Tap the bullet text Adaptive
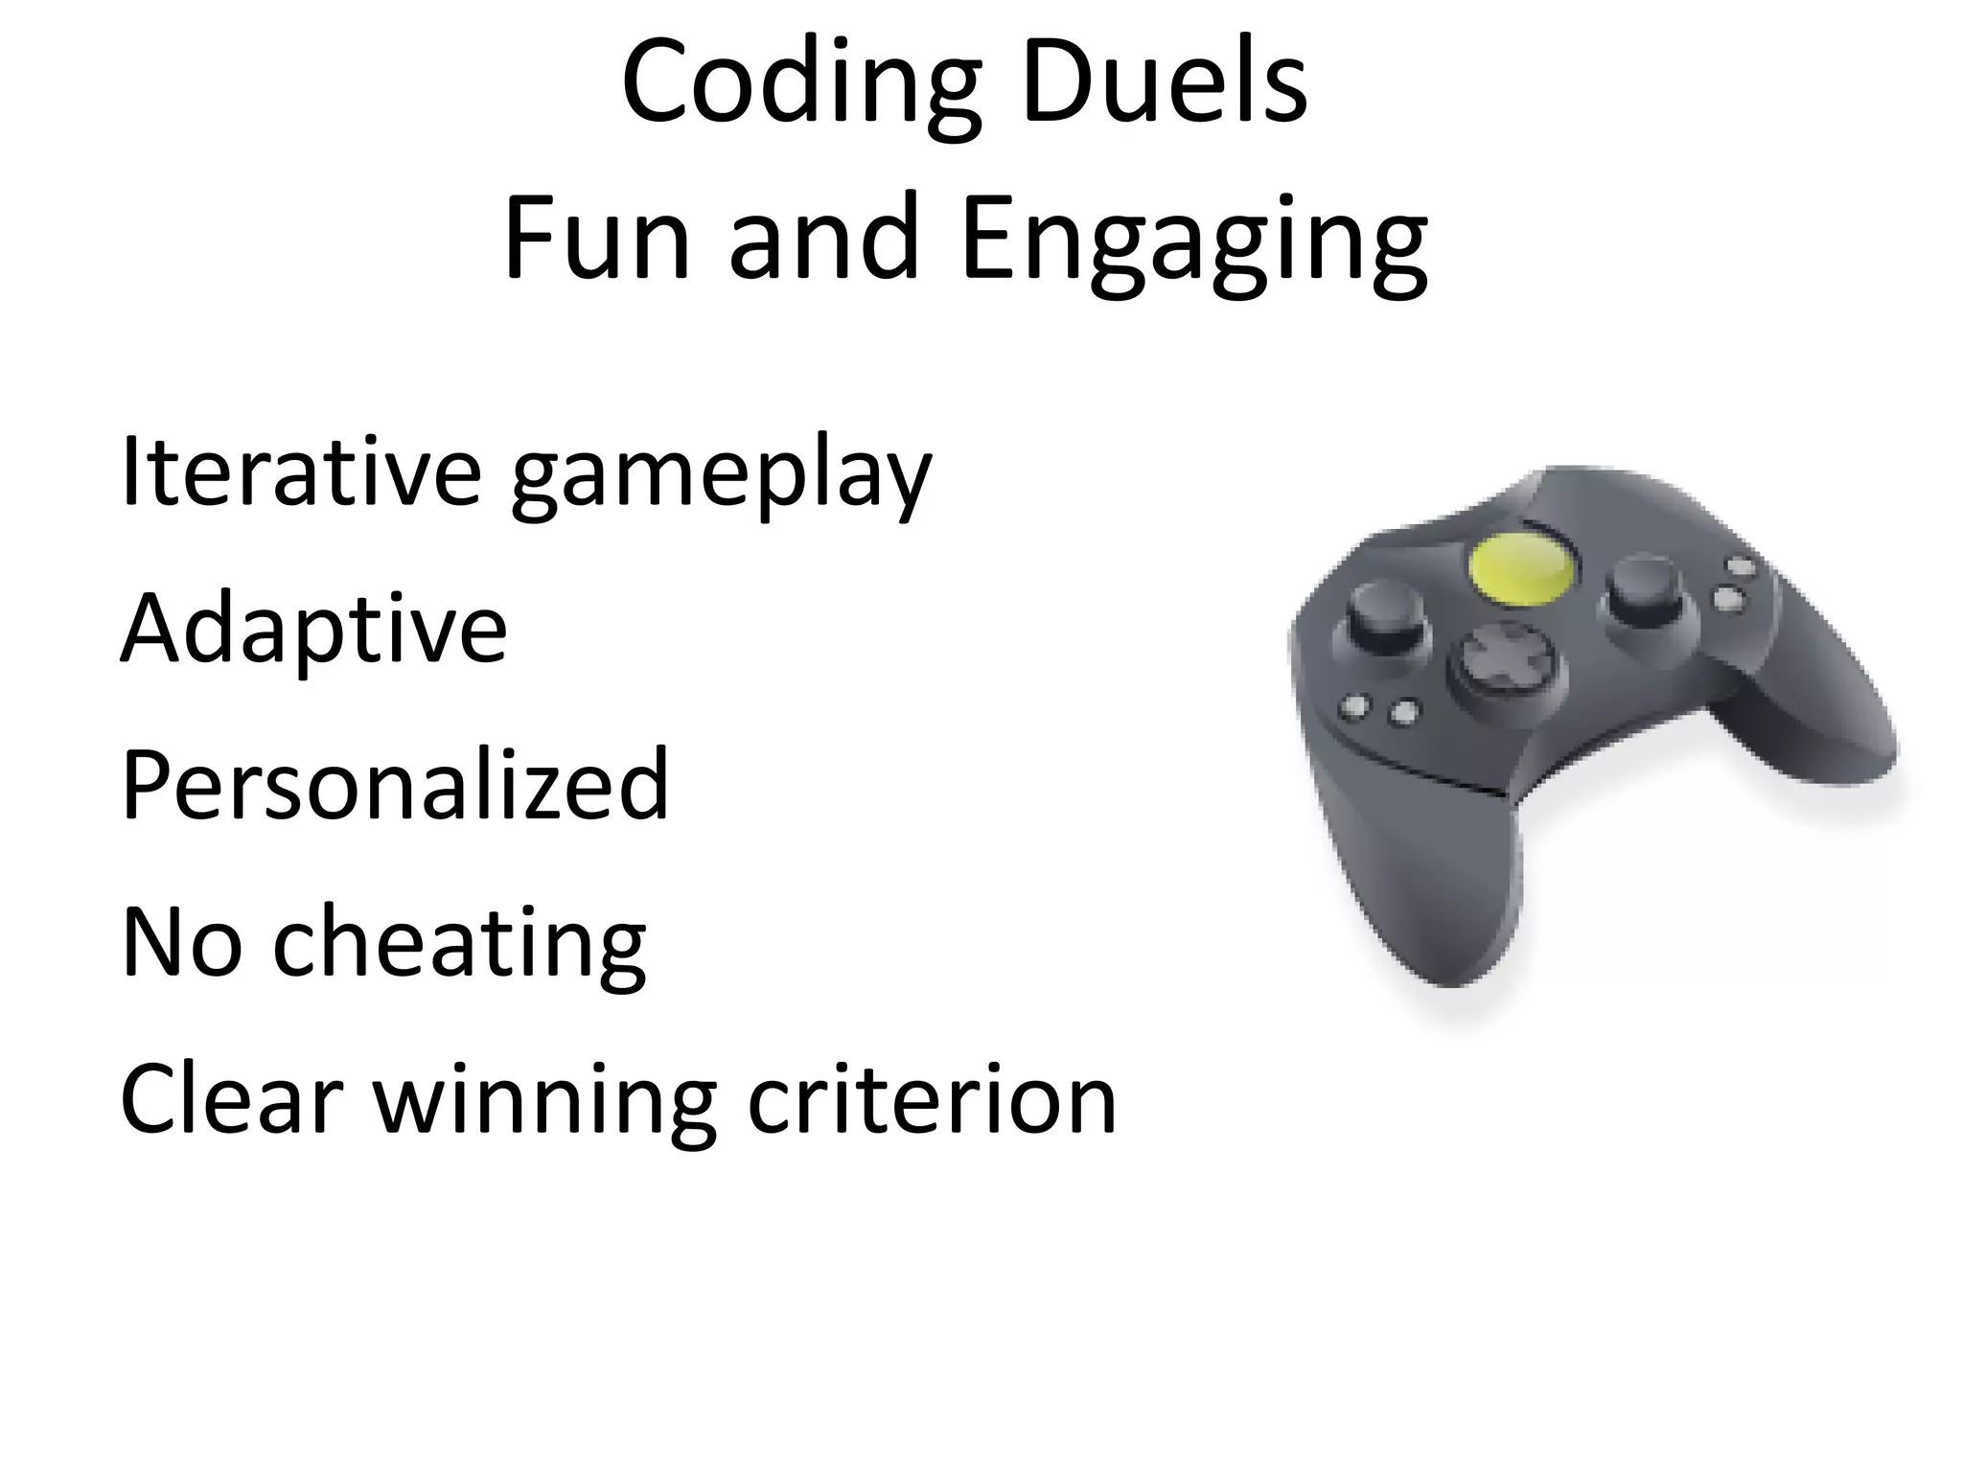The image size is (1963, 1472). coord(313,632)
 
